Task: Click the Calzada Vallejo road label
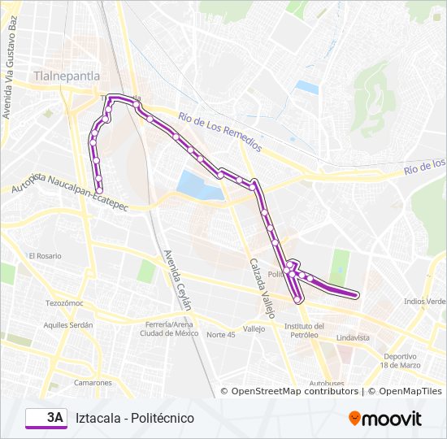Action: (x=263, y=289)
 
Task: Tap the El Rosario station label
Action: (x=45, y=255)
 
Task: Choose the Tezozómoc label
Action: (x=65, y=302)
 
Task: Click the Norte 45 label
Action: (x=220, y=334)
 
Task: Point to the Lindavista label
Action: (x=353, y=337)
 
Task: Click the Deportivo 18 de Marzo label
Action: (x=401, y=360)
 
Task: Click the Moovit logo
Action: (x=385, y=419)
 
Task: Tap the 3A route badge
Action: (x=47, y=418)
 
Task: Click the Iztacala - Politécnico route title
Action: (x=134, y=418)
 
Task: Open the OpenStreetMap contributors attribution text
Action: (x=295, y=391)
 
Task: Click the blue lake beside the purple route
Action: (x=198, y=186)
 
